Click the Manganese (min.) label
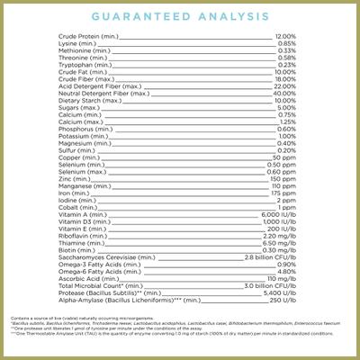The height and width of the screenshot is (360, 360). click(x=81, y=186)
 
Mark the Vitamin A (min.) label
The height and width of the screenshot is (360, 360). click(x=78, y=215)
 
